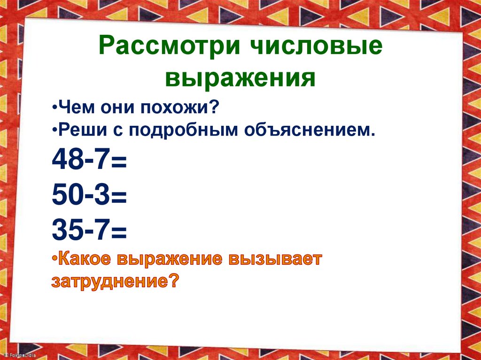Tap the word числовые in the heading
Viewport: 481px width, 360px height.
pos(312,49)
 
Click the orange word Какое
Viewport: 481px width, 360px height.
pos(85,259)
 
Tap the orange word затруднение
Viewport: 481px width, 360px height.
pos(109,282)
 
